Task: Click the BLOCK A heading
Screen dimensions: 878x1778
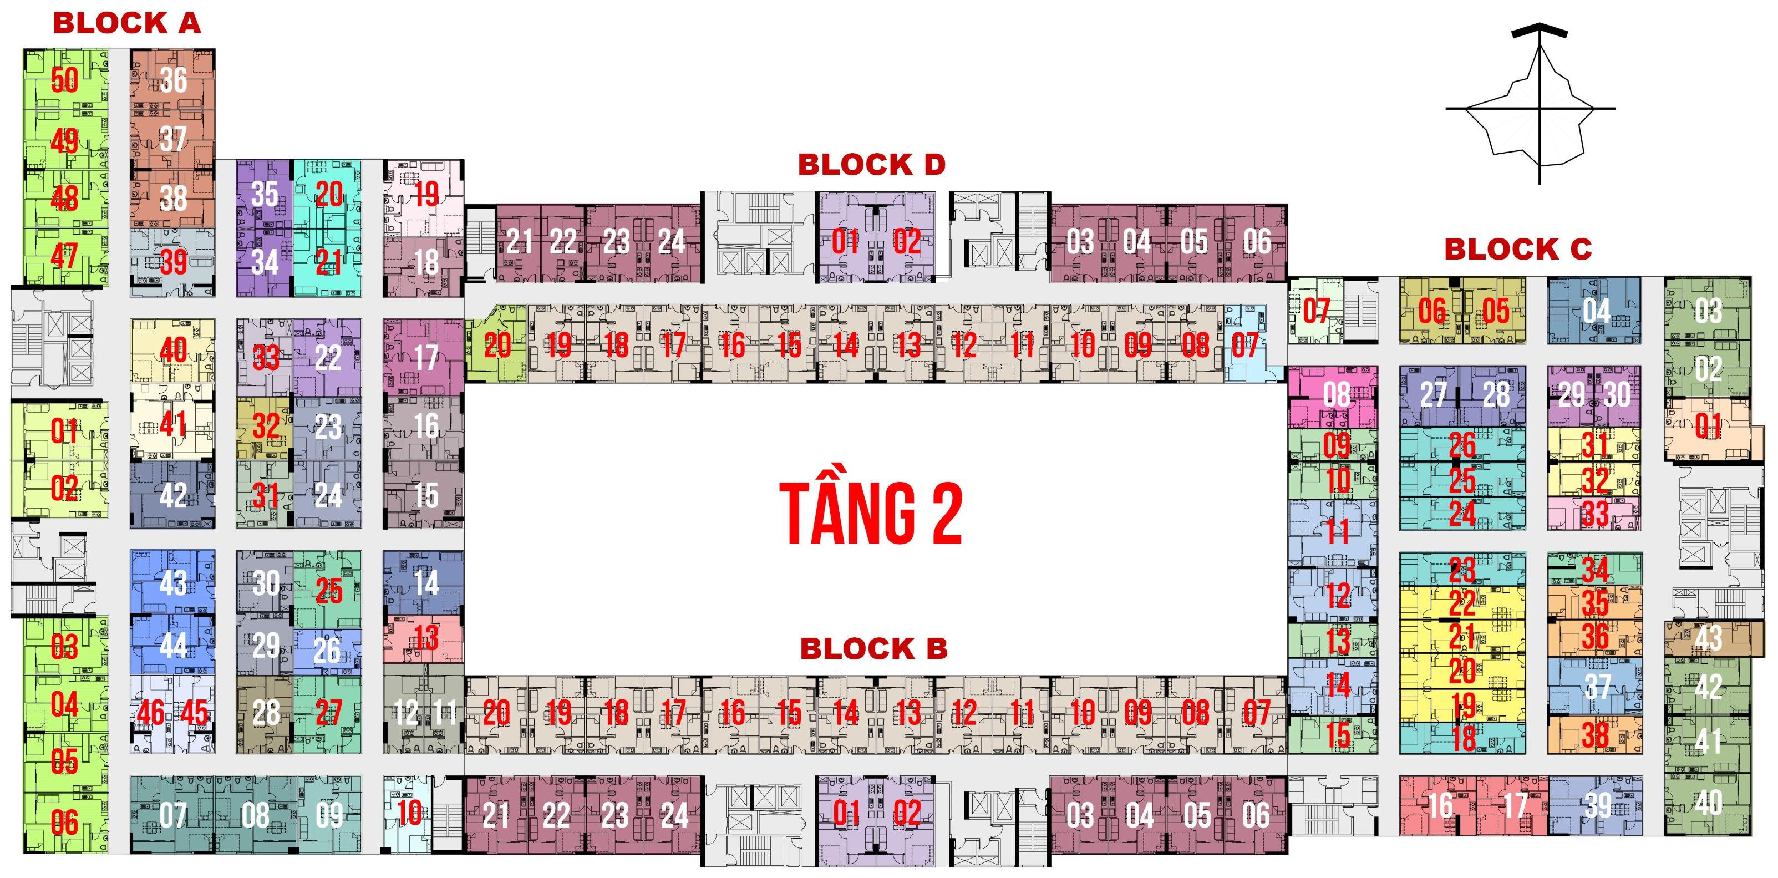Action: (126, 23)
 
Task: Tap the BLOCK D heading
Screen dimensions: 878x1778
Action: (871, 165)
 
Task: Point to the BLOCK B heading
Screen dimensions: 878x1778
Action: (873, 649)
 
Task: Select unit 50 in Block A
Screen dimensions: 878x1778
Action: (65, 80)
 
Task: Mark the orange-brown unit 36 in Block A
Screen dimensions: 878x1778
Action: (172, 80)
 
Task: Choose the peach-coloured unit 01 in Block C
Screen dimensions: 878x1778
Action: (1708, 426)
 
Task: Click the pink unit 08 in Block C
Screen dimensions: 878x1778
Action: (1336, 395)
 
